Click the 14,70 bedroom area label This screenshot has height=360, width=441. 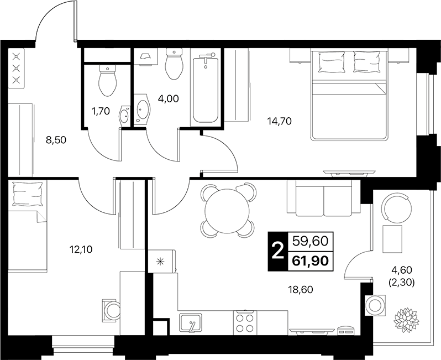pos(279,121)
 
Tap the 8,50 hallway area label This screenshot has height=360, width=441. pos(56,140)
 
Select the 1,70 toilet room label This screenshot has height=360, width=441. pos(101,112)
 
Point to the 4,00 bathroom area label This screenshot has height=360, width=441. pos(169,98)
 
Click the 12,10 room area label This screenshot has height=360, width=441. pos(81,249)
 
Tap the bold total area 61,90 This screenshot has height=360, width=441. pos(311,261)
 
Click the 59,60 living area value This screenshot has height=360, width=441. pos(311,241)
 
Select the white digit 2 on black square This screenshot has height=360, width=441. pos(278,252)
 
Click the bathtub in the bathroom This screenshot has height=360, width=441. pos(206,90)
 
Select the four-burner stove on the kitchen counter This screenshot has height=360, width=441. pos(245,322)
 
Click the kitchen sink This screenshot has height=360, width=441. pos(191,322)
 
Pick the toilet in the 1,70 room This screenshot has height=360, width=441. pos(108,80)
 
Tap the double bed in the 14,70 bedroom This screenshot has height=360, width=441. pos(349,95)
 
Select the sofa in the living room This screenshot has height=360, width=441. pos(323,198)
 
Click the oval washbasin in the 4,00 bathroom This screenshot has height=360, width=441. pos(143,109)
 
